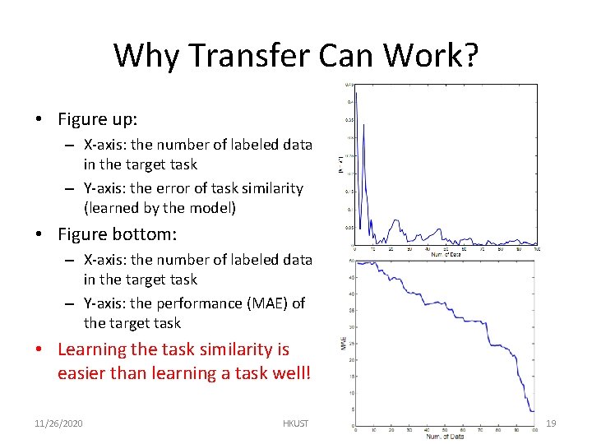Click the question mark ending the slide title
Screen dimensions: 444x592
tap(469, 55)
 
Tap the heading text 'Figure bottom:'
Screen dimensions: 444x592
tap(117, 234)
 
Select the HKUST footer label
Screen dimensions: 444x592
tap(295, 423)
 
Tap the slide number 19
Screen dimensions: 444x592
tap(551, 423)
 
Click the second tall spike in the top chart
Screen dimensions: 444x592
tap(363, 126)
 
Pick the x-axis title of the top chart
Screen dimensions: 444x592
tap(446, 255)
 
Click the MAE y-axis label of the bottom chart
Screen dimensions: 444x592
tap(343, 343)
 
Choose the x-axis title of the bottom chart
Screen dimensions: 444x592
tap(445, 436)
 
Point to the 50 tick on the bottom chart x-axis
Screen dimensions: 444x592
tap(446, 428)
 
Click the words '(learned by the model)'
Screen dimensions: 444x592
tap(160, 208)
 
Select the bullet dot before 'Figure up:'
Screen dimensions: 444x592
tap(39, 120)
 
